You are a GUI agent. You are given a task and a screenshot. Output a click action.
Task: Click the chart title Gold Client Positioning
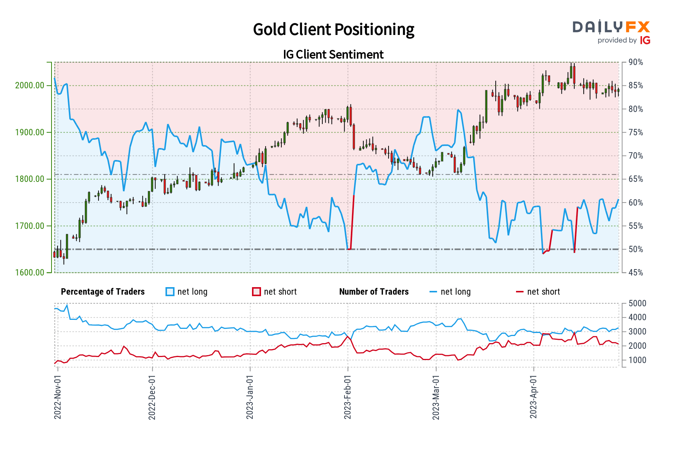pyautogui.click(x=333, y=30)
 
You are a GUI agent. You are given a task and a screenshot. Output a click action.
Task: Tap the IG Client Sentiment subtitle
pyautogui.click(x=333, y=54)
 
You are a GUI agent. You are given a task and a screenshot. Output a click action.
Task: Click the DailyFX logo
pyautogui.click(x=611, y=27)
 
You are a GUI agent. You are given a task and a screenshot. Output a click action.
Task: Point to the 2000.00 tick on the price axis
pyautogui.click(x=30, y=85)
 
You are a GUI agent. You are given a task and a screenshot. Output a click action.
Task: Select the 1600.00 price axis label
pyautogui.click(x=30, y=272)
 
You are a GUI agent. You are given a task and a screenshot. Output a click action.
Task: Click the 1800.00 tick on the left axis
pyautogui.click(x=30, y=179)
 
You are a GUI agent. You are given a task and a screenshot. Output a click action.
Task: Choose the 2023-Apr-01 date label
pyautogui.click(x=533, y=397)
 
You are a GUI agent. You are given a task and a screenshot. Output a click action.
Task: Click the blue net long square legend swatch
pyautogui.click(x=170, y=292)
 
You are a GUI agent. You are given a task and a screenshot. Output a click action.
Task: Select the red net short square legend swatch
pyautogui.click(x=257, y=292)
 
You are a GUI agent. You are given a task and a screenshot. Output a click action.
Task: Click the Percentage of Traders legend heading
pyautogui.click(x=103, y=292)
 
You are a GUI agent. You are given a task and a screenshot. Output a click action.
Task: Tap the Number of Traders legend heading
pyautogui.click(x=374, y=292)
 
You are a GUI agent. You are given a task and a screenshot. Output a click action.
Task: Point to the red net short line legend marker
pyautogui.click(x=520, y=292)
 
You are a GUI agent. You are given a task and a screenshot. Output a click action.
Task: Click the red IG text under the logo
pyautogui.click(x=645, y=40)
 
